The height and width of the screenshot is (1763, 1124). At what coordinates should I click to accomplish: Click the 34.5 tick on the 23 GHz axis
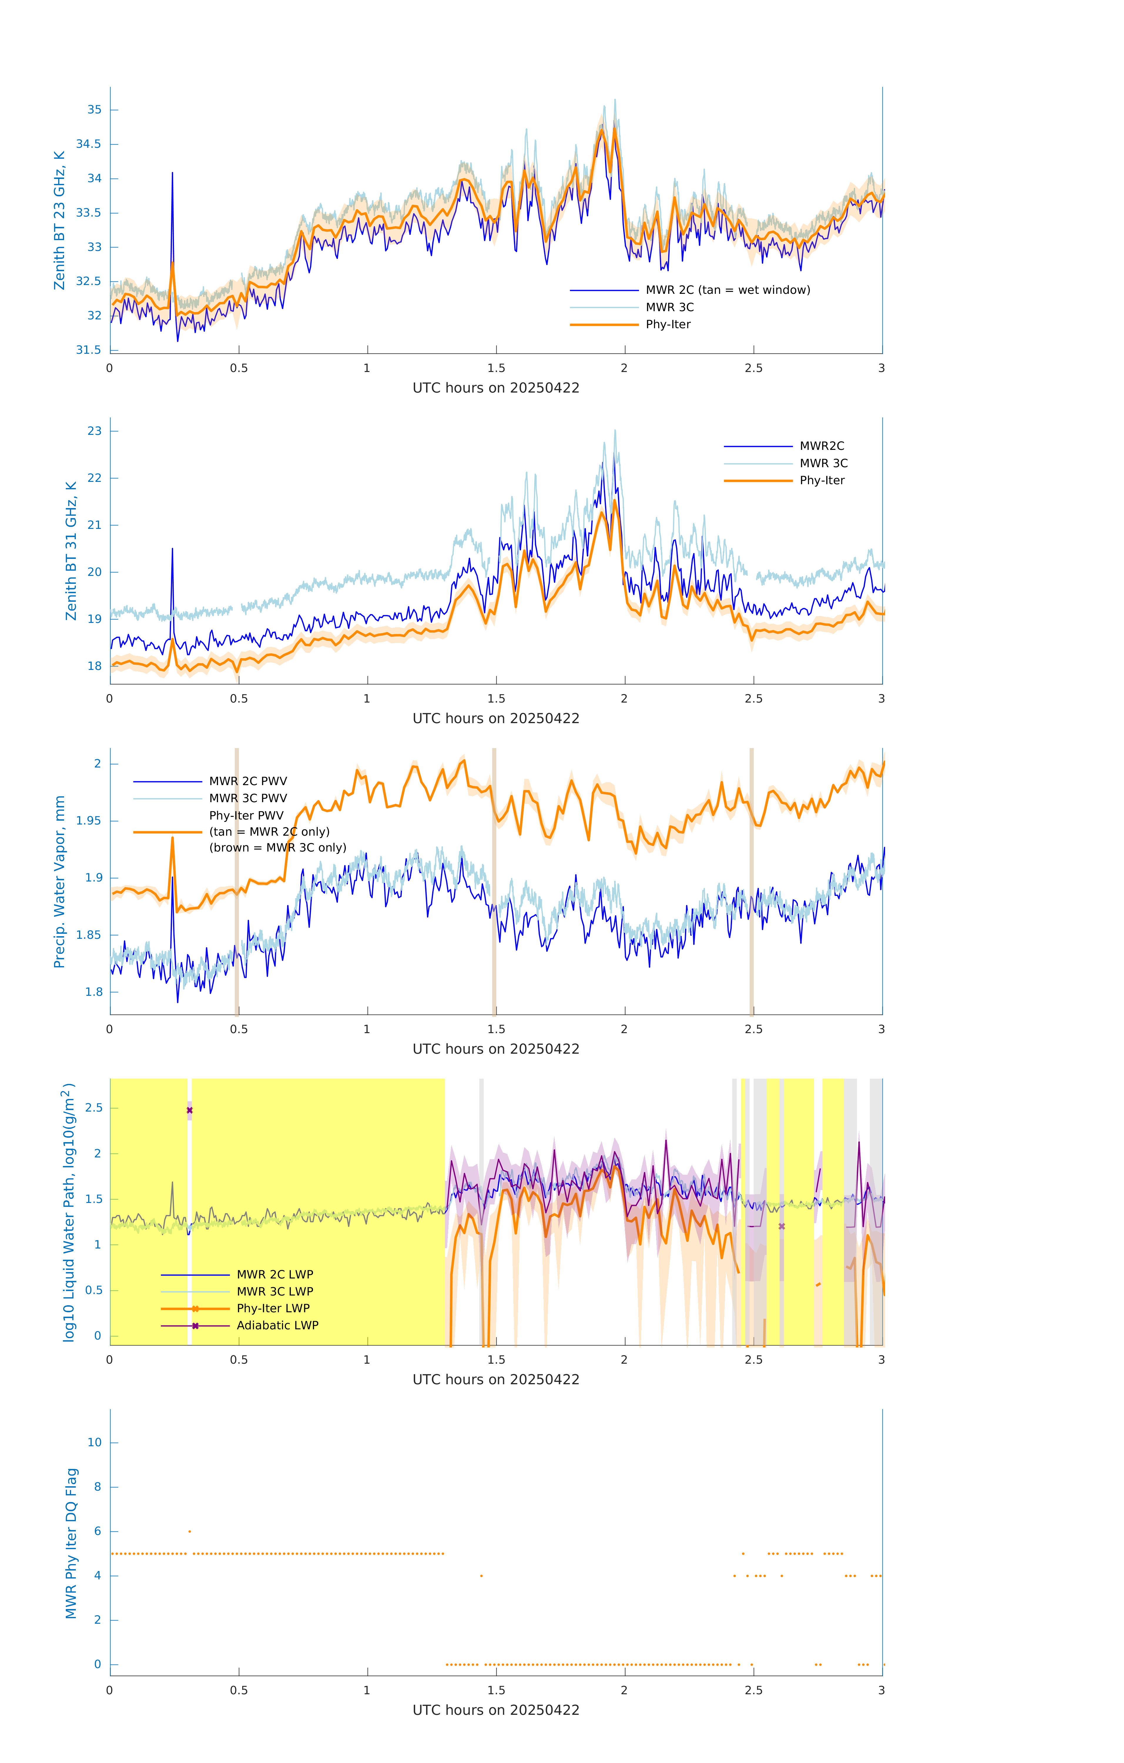(89, 144)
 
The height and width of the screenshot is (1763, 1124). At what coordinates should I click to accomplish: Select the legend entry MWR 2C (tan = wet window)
(727, 290)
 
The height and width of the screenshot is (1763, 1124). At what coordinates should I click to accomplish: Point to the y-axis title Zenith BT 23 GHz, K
(59, 220)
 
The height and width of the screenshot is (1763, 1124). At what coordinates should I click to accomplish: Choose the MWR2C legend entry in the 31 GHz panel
(821, 446)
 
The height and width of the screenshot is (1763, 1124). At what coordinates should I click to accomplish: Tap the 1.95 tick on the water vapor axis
(89, 821)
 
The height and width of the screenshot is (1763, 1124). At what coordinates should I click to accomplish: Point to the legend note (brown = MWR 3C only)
(277, 848)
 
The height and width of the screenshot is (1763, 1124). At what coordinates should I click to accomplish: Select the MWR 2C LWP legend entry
(274, 1275)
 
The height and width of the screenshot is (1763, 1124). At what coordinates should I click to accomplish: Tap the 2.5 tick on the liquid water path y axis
(94, 1108)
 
